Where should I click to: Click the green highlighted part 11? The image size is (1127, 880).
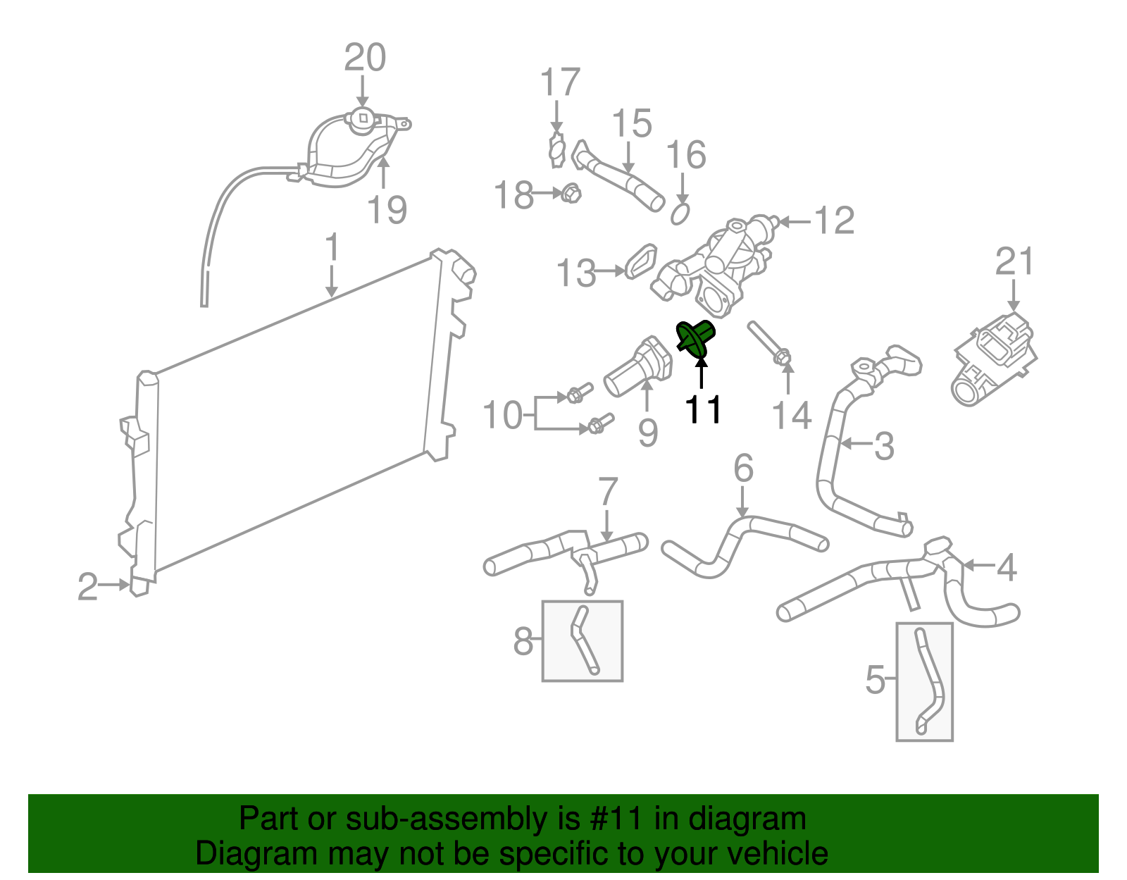[x=696, y=337]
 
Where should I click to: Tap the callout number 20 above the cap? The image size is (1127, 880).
[x=365, y=58]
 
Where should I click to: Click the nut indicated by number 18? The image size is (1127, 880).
[x=571, y=193]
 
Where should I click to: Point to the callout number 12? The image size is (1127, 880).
[x=834, y=221]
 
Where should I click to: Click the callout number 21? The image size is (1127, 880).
[x=1014, y=262]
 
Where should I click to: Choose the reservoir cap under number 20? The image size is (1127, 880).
[x=363, y=118]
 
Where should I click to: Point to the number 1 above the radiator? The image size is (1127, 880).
[x=332, y=249]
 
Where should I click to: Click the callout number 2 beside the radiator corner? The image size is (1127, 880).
[x=87, y=586]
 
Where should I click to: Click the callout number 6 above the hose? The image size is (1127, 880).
[x=743, y=469]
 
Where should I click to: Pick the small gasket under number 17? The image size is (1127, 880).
[x=557, y=151]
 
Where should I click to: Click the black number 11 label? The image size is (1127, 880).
[x=704, y=409]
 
